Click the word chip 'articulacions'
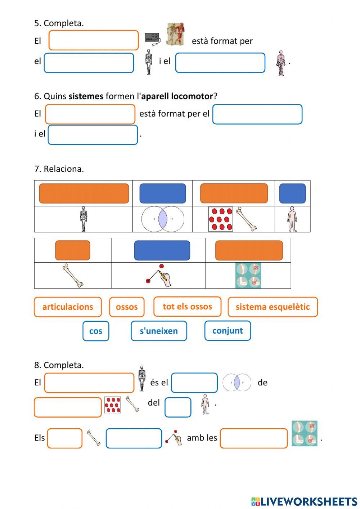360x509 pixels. coord(68,307)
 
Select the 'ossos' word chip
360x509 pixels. coord(127,307)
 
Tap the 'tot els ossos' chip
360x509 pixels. coord(187,307)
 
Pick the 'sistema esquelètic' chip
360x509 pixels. coord(273,307)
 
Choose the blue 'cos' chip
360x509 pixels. coord(96,331)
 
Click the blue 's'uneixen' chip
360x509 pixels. coord(159,331)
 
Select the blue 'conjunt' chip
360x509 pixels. coord(228,331)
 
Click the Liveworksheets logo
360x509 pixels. coord(304,501)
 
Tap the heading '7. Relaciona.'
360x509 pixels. coord(59,169)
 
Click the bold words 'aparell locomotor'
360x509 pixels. coord(177,96)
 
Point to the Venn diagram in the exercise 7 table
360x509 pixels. coord(163,219)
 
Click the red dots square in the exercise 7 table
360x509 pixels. coord(220,219)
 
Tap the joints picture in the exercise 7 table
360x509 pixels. coord(248,276)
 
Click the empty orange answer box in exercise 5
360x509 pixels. coord(94,40)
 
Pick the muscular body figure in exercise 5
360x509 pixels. coord(281,63)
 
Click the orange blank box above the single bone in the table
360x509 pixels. coord(73,250)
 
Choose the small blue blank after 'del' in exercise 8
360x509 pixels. coord(178,407)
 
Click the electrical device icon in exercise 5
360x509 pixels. coord(153,38)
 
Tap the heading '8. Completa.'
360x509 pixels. coord(59,365)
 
